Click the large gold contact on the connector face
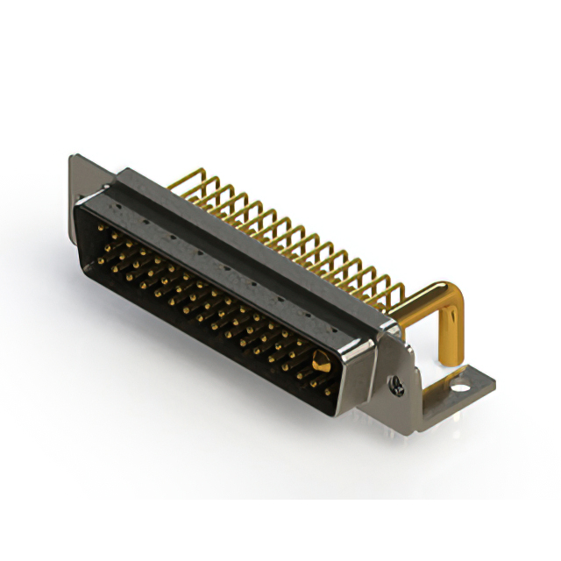tap(321, 360)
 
